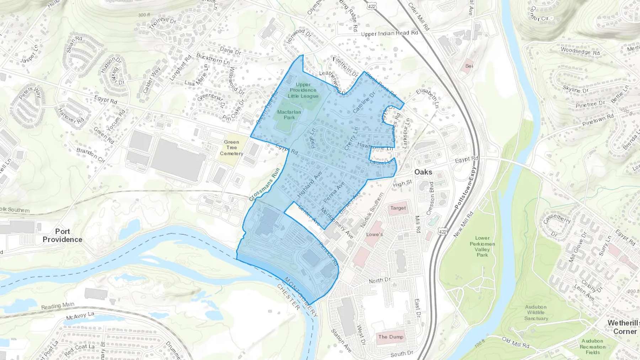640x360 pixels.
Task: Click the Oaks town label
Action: (423, 172)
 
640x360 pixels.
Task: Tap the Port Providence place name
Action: (62, 235)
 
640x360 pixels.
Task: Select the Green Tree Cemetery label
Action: (231, 147)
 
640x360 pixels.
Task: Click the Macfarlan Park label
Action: (289, 114)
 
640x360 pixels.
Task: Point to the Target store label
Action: (398, 208)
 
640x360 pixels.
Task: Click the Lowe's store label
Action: (374, 234)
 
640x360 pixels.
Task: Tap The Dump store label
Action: (391, 337)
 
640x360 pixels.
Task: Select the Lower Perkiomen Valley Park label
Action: (482, 246)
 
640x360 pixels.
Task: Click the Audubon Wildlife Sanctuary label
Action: (536, 312)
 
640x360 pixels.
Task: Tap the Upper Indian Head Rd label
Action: (389, 33)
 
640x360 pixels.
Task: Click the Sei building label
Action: (469, 66)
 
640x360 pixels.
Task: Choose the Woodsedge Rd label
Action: (580, 51)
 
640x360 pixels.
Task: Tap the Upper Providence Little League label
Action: (303, 90)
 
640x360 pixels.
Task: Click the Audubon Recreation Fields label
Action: (592, 346)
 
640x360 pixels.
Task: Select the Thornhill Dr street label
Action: (162, 23)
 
